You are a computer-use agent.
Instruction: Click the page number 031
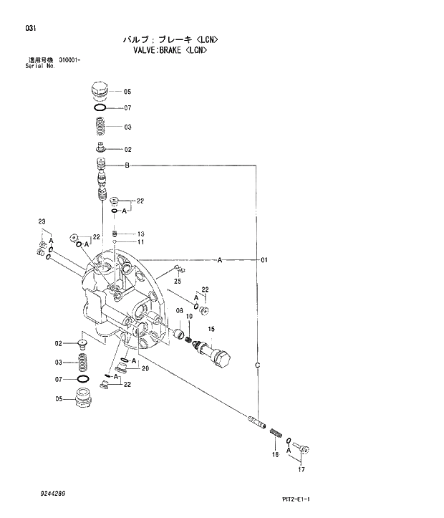click(x=30, y=29)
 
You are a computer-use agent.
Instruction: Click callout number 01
click(x=264, y=261)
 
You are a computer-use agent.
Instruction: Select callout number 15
click(x=211, y=329)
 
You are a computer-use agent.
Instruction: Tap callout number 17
click(x=301, y=470)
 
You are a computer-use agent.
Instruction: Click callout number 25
click(x=177, y=282)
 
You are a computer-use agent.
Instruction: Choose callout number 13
click(x=141, y=234)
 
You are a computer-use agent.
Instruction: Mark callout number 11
click(x=141, y=242)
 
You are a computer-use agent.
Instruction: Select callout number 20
click(x=145, y=369)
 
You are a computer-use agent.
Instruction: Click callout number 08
click(x=180, y=310)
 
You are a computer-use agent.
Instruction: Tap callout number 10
click(x=189, y=316)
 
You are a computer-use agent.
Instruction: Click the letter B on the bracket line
click(x=127, y=166)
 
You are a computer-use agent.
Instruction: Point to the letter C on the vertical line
click(x=257, y=366)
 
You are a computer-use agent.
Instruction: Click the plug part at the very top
click(x=99, y=91)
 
